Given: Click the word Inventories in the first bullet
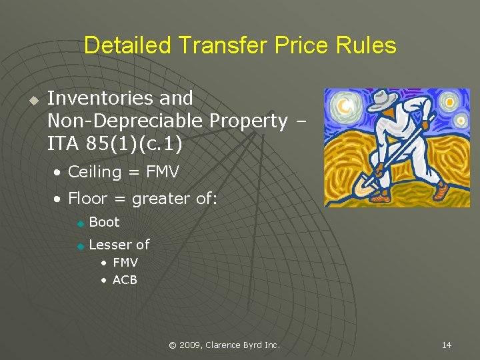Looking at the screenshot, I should coord(102,98).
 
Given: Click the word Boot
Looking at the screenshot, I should coord(104,223).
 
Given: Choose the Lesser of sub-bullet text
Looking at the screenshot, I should coord(119,245).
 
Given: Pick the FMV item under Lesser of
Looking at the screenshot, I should coord(125,263).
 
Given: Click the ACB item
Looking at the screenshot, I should coord(125,280).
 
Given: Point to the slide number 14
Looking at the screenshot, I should coord(446,345).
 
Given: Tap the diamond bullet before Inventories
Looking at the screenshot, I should coord(31,100).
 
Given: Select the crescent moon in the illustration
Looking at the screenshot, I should coord(345,105).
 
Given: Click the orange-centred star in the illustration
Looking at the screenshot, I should coord(450,102).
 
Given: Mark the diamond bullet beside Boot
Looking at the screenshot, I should coord(80,223).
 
